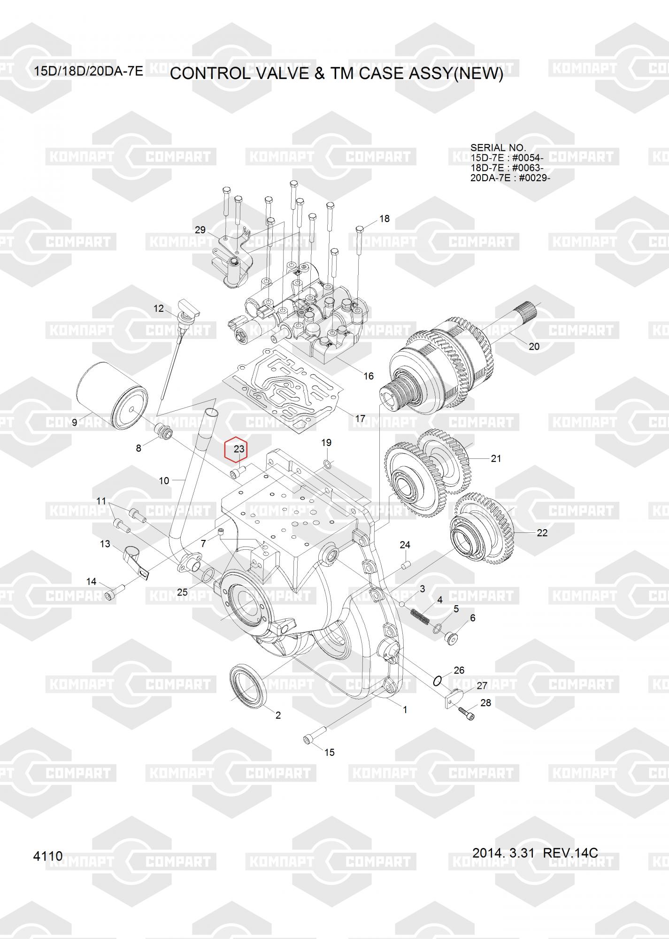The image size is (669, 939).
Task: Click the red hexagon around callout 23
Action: [239, 449]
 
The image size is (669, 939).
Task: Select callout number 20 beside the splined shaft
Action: [534, 346]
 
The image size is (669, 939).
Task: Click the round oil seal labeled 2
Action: [248, 688]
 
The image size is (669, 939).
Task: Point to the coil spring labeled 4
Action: [421, 616]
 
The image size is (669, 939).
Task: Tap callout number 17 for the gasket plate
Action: [360, 418]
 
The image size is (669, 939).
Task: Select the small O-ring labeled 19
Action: [328, 464]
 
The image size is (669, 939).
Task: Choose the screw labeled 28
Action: [467, 714]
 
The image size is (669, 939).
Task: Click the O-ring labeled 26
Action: [437, 680]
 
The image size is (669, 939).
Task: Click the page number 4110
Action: [48, 856]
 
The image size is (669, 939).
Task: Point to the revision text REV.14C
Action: [570, 853]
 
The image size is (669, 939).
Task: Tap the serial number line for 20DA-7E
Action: [510, 178]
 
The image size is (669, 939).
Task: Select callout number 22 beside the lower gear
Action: [542, 533]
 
